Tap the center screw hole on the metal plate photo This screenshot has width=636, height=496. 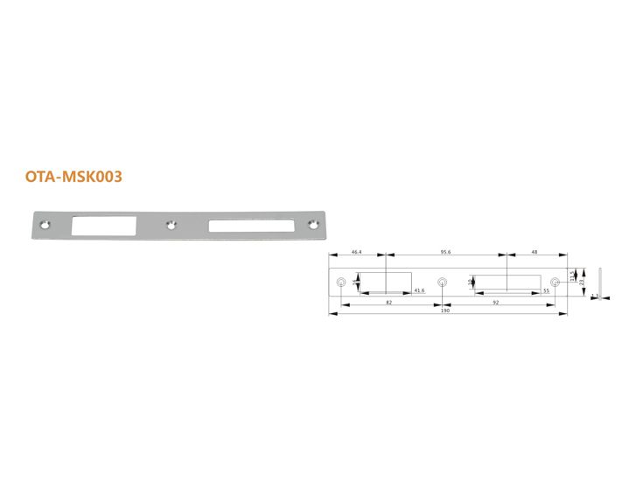[172, 225]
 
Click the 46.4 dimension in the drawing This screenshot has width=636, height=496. [357, 252]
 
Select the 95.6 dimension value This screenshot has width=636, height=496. [444, 252]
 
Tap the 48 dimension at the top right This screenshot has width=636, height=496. [534, 252]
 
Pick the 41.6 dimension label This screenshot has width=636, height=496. [419, 290]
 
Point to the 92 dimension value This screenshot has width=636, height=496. [494, 302]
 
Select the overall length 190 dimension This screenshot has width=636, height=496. [446, 311]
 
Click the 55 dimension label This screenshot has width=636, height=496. [545, 290]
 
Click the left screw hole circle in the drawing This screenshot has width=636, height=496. [341, 282]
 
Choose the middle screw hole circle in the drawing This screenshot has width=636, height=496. [442, 282]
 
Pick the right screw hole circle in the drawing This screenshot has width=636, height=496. [555, 282]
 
